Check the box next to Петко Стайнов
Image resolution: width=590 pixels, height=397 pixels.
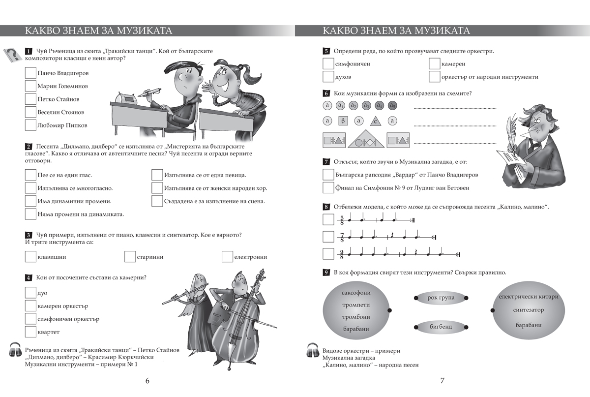(x=30, y=99)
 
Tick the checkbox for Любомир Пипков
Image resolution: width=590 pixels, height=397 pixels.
(x=30, y=125)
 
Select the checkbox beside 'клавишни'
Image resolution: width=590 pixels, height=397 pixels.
(x=30, y=256)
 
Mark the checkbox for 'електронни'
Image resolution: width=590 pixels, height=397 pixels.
(x=227, y=256)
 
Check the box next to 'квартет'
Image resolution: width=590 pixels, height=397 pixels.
(x=30, y=332)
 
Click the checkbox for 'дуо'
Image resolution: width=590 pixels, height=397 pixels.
(x=30, y=293)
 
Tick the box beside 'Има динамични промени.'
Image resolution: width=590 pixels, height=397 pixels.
(x=30, y=201)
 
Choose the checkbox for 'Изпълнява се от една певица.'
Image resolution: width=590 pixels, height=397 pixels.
(x=157, y=175)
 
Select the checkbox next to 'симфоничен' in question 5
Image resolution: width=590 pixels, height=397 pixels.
(x=328, y=63)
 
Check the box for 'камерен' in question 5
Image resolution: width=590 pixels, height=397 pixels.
(x=434, y=63)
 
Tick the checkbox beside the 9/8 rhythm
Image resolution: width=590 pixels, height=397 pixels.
(x=328, y=254)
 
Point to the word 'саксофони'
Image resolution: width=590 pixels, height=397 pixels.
(x=356, y=293)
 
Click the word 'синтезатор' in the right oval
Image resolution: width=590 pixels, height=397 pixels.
(x=529, y=310)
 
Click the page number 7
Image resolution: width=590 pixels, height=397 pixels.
(x=442, y=380)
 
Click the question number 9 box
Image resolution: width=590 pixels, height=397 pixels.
(x=326, y=273)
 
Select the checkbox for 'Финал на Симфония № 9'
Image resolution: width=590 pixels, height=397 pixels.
(x=328, y=187)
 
